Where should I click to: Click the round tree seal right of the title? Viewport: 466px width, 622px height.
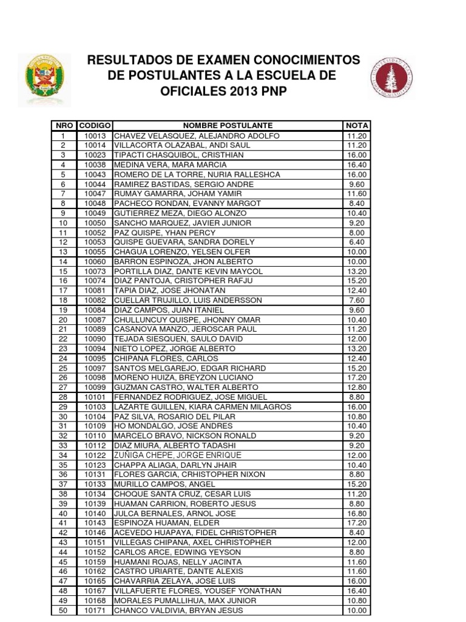391,77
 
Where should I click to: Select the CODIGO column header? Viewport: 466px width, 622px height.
95,126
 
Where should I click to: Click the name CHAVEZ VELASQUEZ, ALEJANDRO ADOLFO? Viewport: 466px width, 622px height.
197,136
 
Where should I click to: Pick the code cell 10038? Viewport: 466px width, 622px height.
95,165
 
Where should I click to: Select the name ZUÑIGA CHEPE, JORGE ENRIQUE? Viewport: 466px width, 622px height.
177,455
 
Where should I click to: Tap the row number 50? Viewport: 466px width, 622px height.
62,610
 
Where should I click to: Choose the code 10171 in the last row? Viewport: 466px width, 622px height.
95,610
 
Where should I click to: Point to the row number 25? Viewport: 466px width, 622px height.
62,368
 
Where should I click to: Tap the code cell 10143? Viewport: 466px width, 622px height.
95,523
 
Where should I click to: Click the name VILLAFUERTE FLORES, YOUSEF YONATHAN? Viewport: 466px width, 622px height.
198,591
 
